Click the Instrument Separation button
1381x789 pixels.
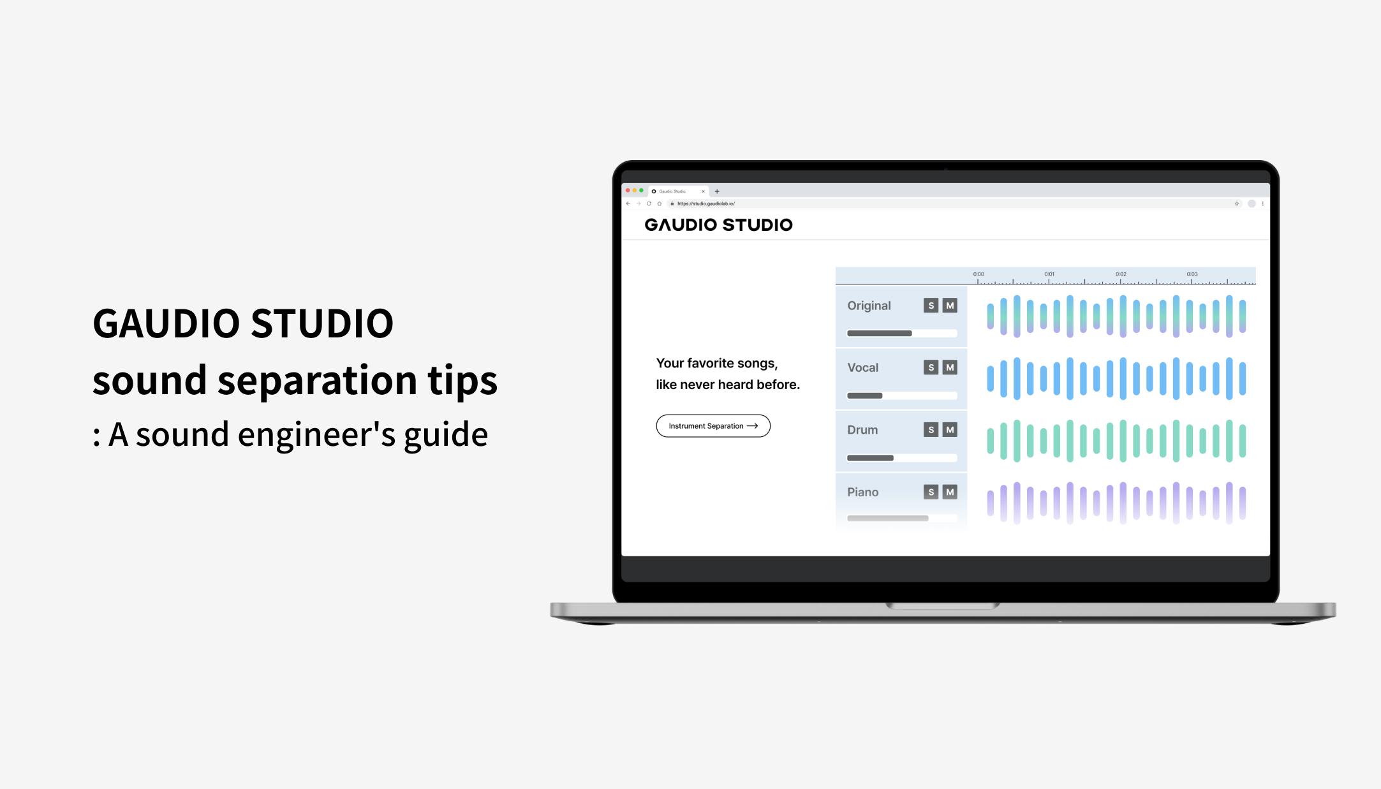713,426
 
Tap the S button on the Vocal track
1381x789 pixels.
931,367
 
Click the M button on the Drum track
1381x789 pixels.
950,430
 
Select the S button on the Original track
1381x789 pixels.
931,306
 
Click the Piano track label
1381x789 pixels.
862,492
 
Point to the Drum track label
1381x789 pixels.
862,430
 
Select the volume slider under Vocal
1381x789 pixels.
901,396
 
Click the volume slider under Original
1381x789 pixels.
901,334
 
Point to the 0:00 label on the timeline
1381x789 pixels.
979,274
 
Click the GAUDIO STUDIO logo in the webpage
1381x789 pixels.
718,225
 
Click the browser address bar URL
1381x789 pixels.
706,204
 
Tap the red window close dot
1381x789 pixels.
628,191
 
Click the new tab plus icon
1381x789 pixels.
717,191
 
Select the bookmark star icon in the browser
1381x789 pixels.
1236,204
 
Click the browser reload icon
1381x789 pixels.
649,204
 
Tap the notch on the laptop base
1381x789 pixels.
942,606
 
